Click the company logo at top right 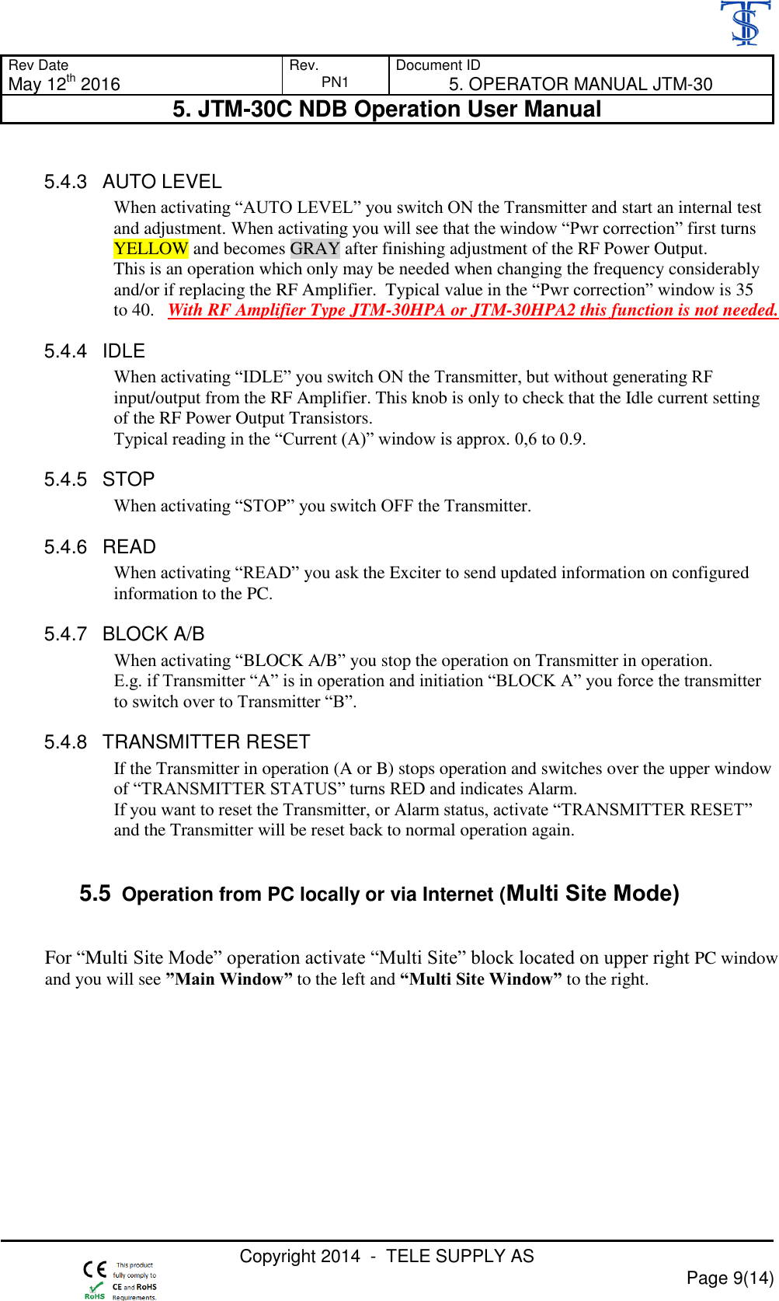pos(745,23)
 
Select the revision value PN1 pos(335,82)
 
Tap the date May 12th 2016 pos(64,84)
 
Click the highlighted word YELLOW pos(151,249)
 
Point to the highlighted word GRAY pos(315,249)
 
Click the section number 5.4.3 pos(65,182)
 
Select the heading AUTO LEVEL pos(162,182)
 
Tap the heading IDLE pos(124,351)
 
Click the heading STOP pos(129,480)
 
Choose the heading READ pos(130,547)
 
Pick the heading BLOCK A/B pos(154,634)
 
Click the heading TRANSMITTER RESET pos(207,742)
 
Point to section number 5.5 pos(95,894)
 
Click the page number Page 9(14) pos(730,1278)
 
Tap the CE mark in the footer pos(95,1270)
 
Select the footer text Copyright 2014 pos(300,1256)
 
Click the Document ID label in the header pos(438,65)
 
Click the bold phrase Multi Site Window pos(481,979)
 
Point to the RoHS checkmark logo pos(95,1291)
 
